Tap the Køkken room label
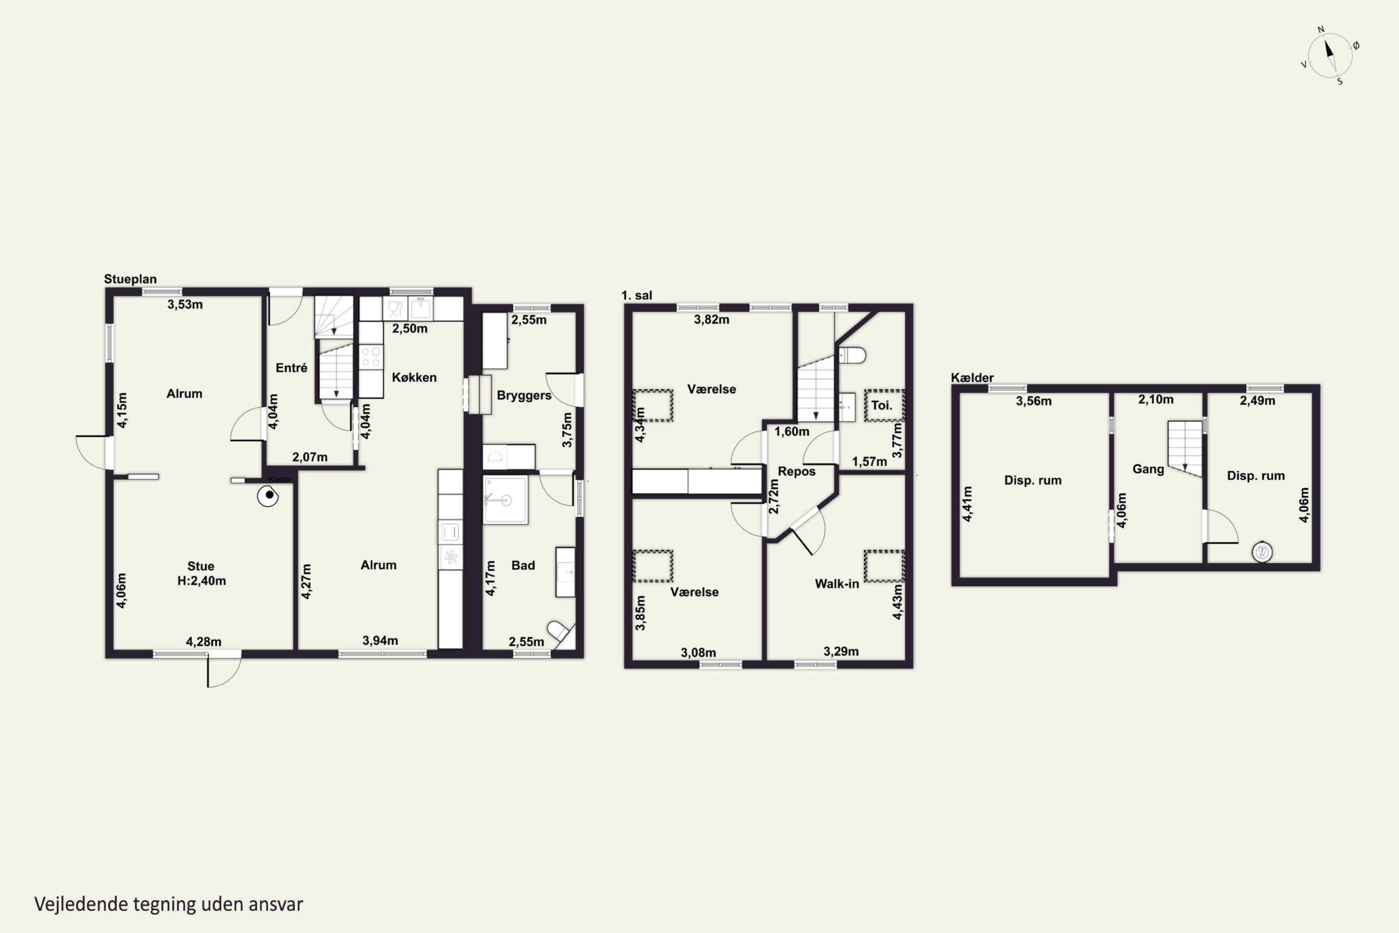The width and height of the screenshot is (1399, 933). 414,377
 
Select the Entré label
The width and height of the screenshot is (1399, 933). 291,368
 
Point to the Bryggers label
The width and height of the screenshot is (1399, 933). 524,396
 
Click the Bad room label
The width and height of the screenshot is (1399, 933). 523,565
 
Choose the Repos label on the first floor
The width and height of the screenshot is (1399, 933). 796,472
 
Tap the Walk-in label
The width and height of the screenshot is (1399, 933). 837,584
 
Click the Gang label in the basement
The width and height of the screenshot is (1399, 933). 1148,469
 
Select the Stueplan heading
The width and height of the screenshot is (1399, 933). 130,279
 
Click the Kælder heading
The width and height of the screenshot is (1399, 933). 972,378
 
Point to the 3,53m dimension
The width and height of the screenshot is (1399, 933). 185,305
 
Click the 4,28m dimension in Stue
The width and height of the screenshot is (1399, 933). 203,641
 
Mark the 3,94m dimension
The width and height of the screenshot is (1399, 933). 380,640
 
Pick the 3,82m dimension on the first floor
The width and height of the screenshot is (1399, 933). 712,320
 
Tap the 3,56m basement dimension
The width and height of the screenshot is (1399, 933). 1034,401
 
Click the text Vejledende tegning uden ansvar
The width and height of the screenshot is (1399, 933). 169,905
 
